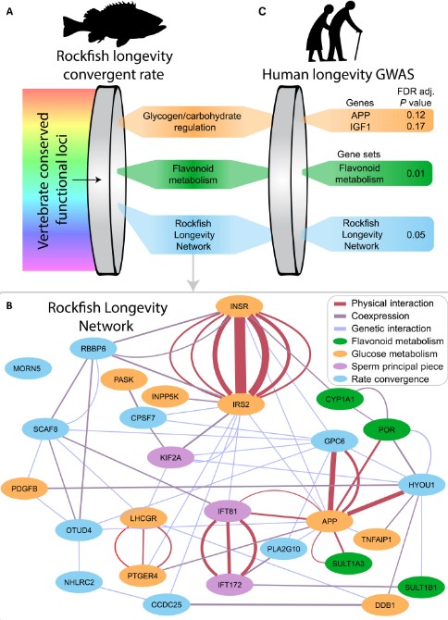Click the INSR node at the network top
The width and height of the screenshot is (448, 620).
[239, 306]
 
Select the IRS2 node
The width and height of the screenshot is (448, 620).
[241, 404]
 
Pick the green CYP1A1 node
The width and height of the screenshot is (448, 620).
[340, 399]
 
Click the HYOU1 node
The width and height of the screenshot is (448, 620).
[421, 484]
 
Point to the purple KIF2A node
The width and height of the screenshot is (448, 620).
[171, 457]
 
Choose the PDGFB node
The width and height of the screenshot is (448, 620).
[24, 489]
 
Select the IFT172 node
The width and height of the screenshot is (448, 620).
[230, 585]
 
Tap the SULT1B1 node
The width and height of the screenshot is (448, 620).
[421, 588]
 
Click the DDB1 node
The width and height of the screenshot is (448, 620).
[385, 604]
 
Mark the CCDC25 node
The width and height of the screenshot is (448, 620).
[167, 604]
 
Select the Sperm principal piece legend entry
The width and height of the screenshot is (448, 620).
[389, 366]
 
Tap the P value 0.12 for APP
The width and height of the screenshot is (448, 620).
[416, 115]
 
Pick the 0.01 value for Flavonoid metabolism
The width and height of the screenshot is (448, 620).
[416, 173]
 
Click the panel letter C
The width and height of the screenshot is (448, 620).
[262, 11]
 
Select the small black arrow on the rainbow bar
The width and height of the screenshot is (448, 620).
[87, 180]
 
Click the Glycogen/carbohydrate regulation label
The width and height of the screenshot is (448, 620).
[192, 122]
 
